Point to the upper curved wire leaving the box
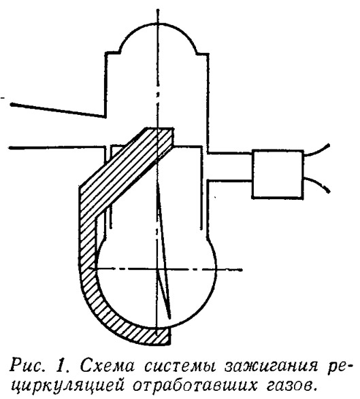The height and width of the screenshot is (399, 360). click(x=317, y=151)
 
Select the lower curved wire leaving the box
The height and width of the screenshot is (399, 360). click(x=317, y=183)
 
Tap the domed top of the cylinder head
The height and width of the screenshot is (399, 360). click(x=158, y=24)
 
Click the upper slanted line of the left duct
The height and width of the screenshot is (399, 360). click(x=58, y=110)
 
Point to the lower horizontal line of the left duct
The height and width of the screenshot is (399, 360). click(x=57, y=148)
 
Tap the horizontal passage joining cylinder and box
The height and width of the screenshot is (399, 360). click(x=230, y=167)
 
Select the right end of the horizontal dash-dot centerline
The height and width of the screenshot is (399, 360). click(x=241, y=269)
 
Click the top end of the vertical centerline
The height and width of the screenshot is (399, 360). click(x=158, y=10)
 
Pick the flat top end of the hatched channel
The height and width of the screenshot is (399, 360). click(x=159, y=128)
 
